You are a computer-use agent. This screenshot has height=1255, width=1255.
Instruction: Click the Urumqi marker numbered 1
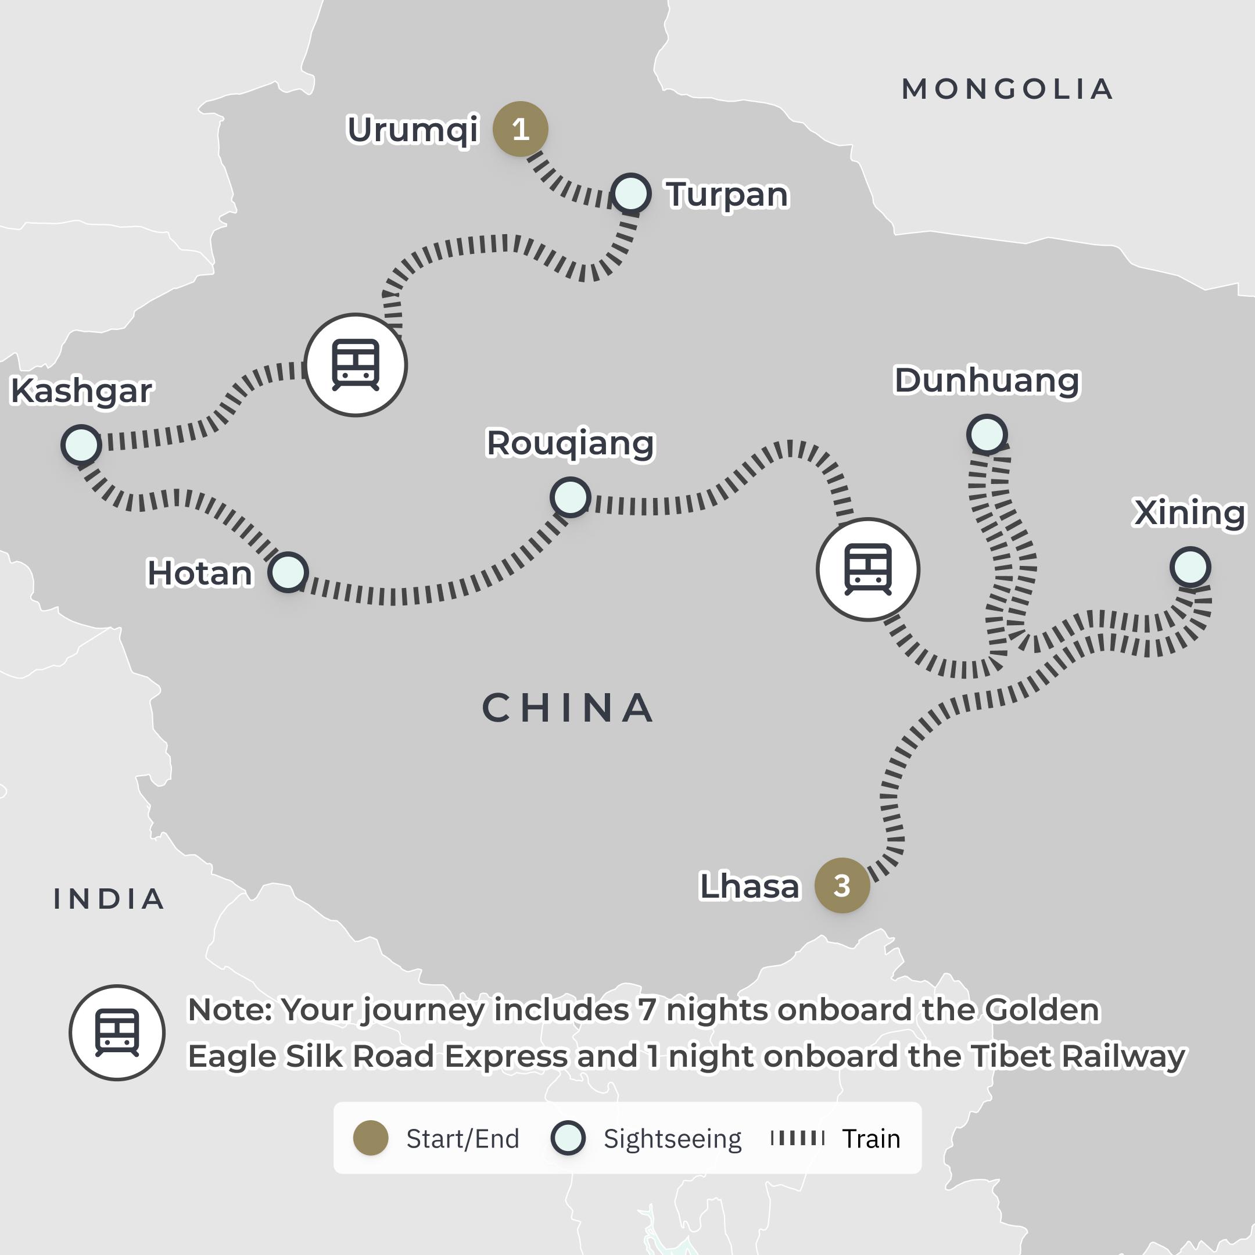click(x=521, y=129)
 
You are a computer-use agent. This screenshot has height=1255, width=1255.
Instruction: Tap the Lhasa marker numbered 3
click(x=842, y=885)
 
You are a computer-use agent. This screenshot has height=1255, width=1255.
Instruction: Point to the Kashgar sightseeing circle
click(x=81, y=444)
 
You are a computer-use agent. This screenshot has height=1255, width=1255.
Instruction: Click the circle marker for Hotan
click(x=288, y=572)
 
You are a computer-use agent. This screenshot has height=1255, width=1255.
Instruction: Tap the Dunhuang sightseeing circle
click(x=987, y=434)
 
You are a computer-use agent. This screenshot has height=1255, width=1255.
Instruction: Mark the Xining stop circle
click(x=1190, y=567)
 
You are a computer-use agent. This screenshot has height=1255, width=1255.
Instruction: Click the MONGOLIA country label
click(x=1007, y=89)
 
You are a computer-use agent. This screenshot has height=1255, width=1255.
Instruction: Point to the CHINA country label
click(x=568, y=708)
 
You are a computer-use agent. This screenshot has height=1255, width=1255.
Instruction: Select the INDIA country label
click(x=109, y=899)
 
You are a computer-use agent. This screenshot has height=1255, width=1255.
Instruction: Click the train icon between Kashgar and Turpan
click(x=356, y=365)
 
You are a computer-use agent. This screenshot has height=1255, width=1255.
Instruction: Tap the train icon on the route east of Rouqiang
click(x=868, y=569)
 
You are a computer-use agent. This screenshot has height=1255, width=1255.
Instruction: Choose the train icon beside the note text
click(x=117, y=1033)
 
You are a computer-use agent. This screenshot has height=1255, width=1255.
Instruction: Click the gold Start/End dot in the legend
click(x=371, y=1139)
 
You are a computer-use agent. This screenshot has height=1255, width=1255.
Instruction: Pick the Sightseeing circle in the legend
click(x=568, y=1139)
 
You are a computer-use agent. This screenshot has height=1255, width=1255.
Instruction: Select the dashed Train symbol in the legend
click(x=797, y=1138)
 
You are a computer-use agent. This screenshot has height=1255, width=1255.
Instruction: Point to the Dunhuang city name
click(x=987, y=381)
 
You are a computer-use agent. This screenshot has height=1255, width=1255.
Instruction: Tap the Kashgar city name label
click(x=82, y=391)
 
